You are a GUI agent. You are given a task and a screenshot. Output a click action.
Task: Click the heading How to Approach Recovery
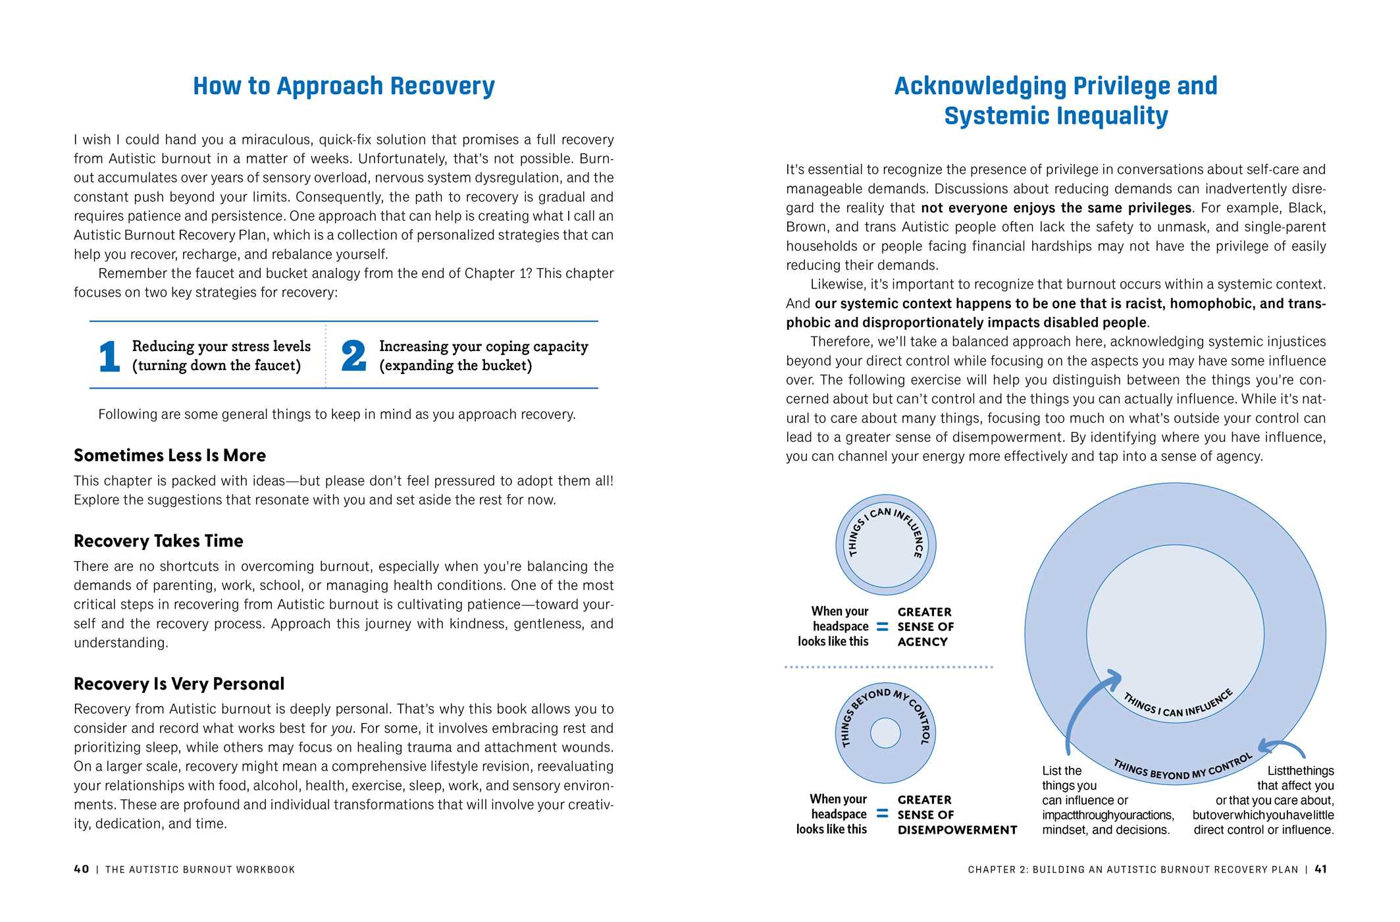pos(344,86)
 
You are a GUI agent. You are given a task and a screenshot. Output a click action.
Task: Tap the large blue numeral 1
pos(109,356)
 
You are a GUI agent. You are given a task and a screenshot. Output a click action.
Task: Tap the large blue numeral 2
pos(353,356)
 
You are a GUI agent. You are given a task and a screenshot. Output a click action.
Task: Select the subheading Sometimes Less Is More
pos(170,456)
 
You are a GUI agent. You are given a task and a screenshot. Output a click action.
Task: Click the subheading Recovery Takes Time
pos(159,541)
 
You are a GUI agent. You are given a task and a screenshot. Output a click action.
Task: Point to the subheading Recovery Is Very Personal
pos(179,684)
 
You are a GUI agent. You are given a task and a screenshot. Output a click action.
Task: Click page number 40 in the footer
pos(82,869)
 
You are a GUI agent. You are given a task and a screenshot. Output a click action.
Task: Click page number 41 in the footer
pos(1320,869)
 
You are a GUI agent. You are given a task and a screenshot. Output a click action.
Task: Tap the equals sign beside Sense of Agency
pos(883,627)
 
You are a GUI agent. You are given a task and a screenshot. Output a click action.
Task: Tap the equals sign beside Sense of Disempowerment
pos(883,815)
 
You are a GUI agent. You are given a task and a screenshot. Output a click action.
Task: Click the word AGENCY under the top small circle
pos(922,642)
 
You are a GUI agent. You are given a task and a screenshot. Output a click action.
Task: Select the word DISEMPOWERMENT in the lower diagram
pos(957,830)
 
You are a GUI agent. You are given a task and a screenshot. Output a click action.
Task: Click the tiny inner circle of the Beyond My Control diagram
pos(885,733)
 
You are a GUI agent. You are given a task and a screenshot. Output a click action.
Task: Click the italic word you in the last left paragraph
pos(341,728)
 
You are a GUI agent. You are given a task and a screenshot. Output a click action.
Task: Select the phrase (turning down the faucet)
pos(217,366)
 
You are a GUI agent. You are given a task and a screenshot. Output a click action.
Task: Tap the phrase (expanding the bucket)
pos(455,366)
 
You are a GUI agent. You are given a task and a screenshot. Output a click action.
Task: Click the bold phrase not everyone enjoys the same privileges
pos(1056,208)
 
